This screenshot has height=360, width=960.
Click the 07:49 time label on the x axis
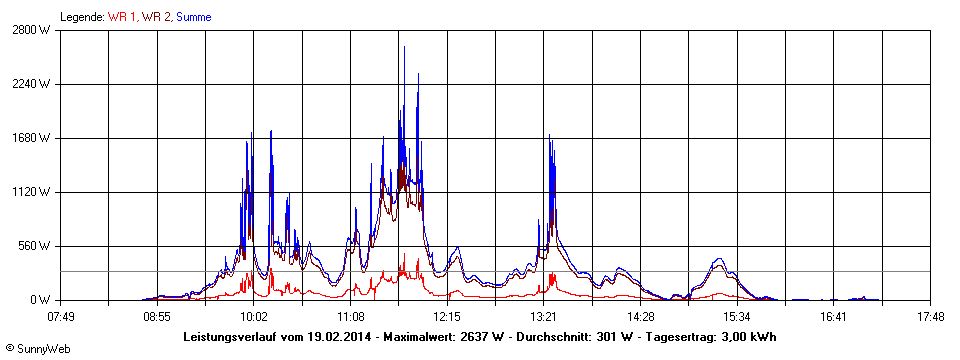point(61,317)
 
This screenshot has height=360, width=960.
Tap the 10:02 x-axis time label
point(254,317)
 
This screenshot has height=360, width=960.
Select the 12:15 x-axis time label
point(447,317)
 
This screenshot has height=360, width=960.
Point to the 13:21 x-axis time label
point(544,317)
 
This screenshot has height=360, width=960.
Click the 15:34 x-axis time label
point(737,317)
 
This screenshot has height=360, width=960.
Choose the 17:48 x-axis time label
point(930,317)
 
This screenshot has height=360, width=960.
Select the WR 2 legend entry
point(155,16)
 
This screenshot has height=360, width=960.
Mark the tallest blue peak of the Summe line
point(404,47)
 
